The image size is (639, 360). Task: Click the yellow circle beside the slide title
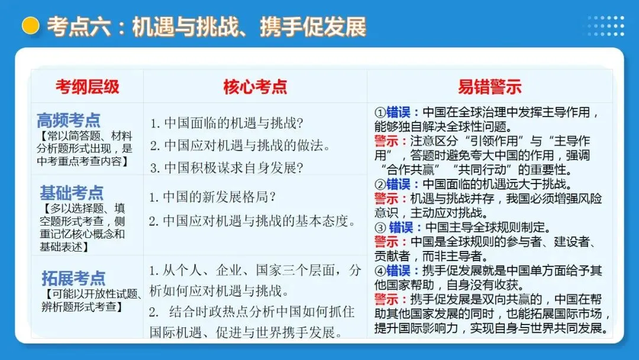(30, 25)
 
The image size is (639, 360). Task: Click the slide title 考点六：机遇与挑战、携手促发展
(206, 27)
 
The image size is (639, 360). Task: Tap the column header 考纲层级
(88, 87)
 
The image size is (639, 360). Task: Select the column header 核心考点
(255, 87)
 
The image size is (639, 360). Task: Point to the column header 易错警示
(490, 87)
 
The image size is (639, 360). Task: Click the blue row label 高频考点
(69, 120)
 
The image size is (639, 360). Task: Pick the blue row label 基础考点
(72, 192)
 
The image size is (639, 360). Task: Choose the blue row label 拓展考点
(73, 278)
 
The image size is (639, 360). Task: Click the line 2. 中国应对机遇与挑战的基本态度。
(252, 221)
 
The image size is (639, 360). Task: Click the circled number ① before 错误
(380, 112)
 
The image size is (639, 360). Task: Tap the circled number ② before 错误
(380, 184)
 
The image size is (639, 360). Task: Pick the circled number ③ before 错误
(380, 227)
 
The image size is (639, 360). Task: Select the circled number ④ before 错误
(380, 271)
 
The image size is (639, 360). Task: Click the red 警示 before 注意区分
(388, 142)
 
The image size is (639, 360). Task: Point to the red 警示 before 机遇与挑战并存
(388, 198)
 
